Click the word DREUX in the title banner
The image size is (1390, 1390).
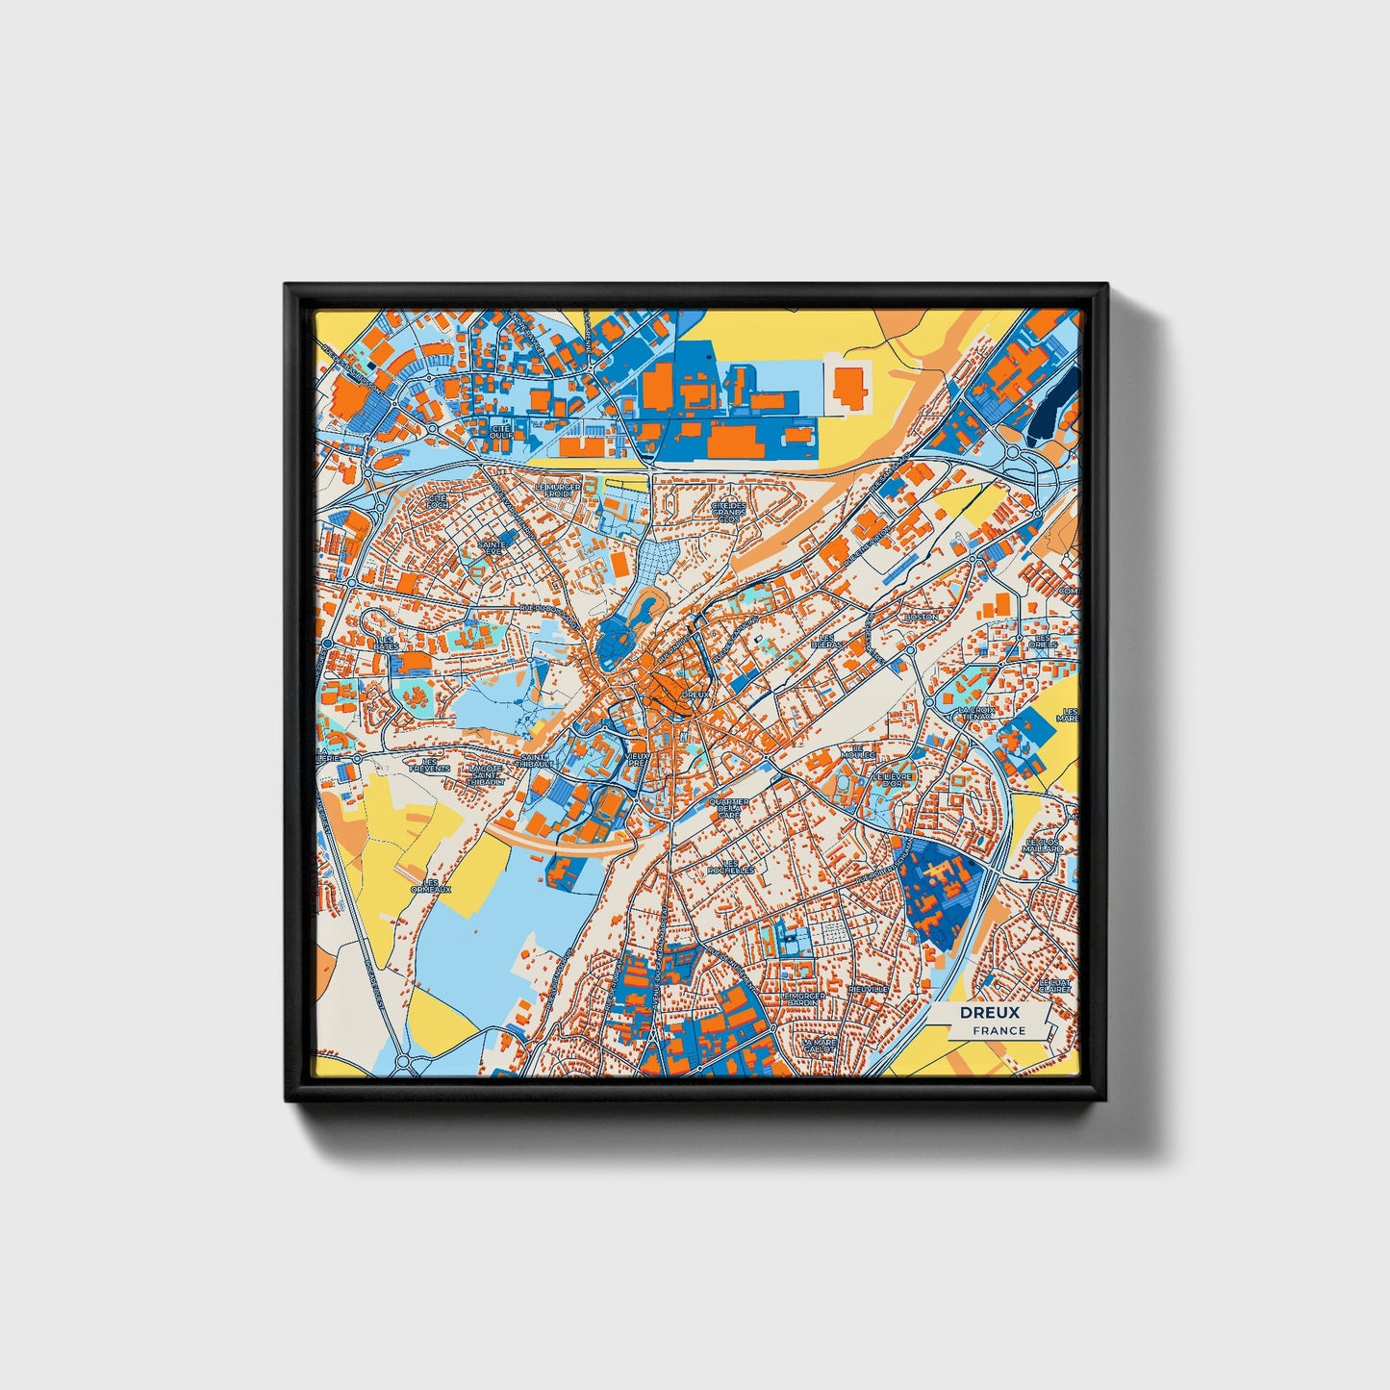pyautogui.click(x=989, y=1013)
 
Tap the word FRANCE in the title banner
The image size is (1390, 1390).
pyautogui.click(x=998, y=1030)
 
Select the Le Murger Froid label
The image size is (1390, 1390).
pyautogui.click(x=559, y=491)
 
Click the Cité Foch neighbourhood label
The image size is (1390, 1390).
pyautogui.click(x=438, y=501)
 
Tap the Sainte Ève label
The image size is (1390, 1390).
pyautogui.click(x=492, y=546)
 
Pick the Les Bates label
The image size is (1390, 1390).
pyautogui.click(x=386, y=643)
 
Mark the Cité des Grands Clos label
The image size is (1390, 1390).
pyautogui.click(x=728, y=510)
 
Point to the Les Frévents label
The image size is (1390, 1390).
pyautogui.click(x=430, y=766)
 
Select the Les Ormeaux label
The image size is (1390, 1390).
pyautogui.click(x=431, y=885)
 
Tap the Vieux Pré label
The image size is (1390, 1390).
pyautogui.click(x=638, y=759)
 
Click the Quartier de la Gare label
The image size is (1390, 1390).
pyautogui.click(x=728, y=808)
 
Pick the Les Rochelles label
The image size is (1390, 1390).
pyautogui.click(x=732, y=866)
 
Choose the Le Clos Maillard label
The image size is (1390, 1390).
pyautogui.click(x=1043, y=846)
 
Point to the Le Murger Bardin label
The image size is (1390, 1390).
pyautogui.click(x=803, y=998)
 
